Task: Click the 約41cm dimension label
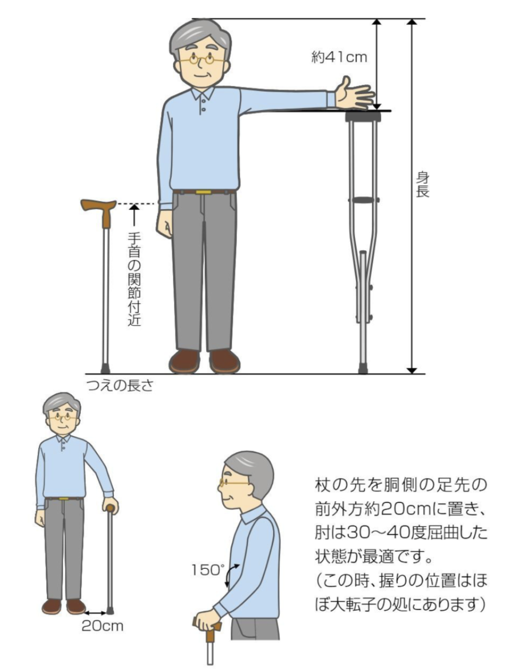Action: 339,57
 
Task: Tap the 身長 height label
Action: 422,184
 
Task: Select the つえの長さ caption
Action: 120,386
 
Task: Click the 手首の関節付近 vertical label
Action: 135,279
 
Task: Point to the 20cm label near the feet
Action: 102,626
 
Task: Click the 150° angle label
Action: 208,570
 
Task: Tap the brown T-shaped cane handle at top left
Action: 100,211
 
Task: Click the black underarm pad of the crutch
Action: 363,116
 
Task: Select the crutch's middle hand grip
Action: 363,200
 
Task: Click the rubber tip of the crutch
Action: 363,368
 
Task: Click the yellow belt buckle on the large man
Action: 203,191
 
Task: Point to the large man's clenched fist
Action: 164,223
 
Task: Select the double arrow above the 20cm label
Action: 96,614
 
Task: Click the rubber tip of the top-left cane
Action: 105,369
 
